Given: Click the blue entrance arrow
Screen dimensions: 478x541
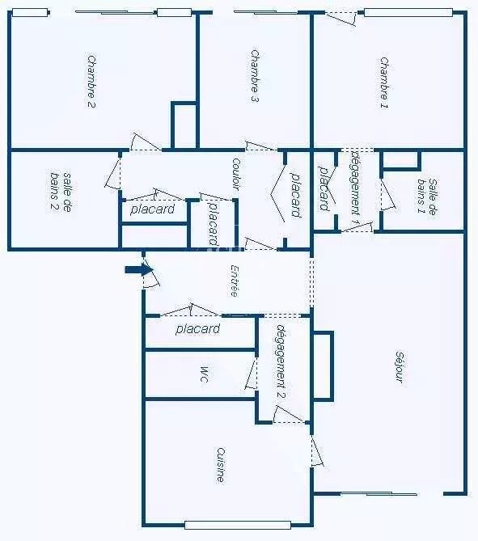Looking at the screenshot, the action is pyautogui.click(x=139, y=270).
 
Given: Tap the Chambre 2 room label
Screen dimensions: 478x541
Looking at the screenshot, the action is pyautogui.click(x=91, y=82).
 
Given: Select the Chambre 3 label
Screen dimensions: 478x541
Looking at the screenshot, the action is pyautogui.click(x=254, y=76).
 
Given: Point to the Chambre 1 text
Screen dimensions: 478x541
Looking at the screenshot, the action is pyautogui.click(x=384, y=82).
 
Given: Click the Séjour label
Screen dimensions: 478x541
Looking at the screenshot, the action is pyautogui.click(x=400, y=367).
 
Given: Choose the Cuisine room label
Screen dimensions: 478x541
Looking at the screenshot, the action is pyautogui.click(x=221, y=465).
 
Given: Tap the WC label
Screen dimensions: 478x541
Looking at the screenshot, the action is pyautogui.click(x=204, y=374).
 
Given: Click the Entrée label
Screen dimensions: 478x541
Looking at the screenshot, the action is pyautogui.click(x=235, y=281).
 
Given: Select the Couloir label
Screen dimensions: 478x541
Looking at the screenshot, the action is pyautogui.click(x=236, y=174).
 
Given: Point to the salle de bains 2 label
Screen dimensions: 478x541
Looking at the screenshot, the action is pyautogui.click(x=61, y=192).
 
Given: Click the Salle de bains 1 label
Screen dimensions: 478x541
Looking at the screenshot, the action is pyautogui.click(x=426, y=197).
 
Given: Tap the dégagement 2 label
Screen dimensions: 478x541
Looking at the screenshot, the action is pyautogui.click(x=281, y=361).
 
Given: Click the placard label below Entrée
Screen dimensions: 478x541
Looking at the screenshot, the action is pyautogui.click(x=198, y=329).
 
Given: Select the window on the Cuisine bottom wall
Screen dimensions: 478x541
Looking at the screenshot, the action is pyautogui.click(x=238, y=525).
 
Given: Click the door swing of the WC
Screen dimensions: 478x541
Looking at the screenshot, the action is pyautogui.click(x=252, y=374).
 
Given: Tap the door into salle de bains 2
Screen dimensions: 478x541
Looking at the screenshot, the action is pyautogui.click(x=113, y=174).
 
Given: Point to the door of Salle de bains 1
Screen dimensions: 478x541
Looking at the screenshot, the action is pyautogui.click(x=387, y=194).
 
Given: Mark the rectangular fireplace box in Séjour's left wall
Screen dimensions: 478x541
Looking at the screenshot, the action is pyautogui.click(x=324, y=366).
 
